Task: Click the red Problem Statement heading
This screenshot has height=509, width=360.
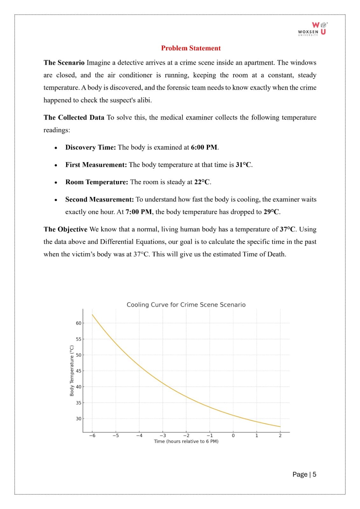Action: tap(191, 48)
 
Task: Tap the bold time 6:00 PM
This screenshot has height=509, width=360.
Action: tap(204, 147)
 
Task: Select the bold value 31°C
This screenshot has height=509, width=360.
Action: tap(244, 165)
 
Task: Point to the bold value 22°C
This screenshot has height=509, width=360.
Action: tap(202, 182)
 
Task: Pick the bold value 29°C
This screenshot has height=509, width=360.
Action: tap(272, 212)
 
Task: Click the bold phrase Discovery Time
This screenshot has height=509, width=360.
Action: tap(90, 147)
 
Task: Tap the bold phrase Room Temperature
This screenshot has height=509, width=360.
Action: tap(97, 182)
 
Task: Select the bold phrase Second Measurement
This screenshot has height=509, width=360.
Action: tap(99, 199)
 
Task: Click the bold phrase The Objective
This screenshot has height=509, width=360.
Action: tap(65, 229)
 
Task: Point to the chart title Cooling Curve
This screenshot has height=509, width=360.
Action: tap(186, 305)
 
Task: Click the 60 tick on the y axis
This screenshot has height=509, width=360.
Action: tap(78, 323)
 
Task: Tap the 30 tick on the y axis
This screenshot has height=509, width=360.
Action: tap(78, 419)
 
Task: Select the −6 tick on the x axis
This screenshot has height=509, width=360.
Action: tap(92, 436)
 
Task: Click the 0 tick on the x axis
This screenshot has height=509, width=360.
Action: tap(233, 436)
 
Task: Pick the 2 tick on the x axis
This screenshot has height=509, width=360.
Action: tap(280, 436)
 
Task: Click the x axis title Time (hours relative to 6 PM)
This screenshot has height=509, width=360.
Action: tap(186, 441)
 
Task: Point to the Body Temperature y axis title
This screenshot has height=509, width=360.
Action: tap(72, 371)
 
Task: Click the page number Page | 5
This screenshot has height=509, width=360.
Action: tap(304, 474)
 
